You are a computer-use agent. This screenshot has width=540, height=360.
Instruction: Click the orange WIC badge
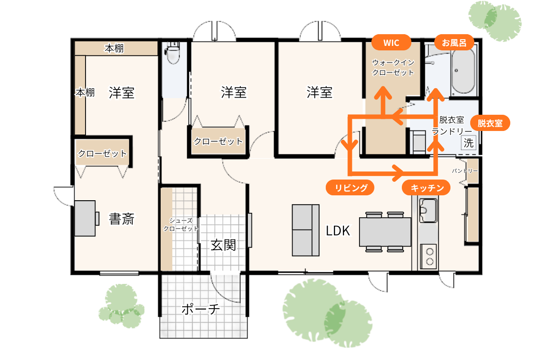click(391, 42)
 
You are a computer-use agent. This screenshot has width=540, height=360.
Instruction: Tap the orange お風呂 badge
click(454, 42)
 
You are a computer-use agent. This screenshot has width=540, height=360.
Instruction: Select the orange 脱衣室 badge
click(490, 123)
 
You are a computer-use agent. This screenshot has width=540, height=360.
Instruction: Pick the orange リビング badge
click(350, 187)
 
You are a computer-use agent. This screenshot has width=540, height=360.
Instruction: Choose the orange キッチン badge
click(426, 187)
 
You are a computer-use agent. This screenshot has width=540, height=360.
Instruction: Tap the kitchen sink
click(428, 210)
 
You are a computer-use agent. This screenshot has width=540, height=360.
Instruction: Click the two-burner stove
click(428, 256)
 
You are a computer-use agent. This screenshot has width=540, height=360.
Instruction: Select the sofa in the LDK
click(306, 230)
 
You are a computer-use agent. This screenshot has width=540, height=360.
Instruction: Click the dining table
click(385, 232)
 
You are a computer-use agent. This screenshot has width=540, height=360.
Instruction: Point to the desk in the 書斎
click(85, 218)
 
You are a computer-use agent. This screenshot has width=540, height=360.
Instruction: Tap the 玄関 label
click(223, 245)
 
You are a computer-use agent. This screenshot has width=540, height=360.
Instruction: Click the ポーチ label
click(201, 309)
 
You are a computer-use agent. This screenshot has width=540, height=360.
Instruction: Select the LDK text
click(338, 230)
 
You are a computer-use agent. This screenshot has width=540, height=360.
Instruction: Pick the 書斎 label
click(121, 219)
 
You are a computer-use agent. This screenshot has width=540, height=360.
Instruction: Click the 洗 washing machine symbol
click(468, 143)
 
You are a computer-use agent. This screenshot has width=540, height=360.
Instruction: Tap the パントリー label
click(465, 171)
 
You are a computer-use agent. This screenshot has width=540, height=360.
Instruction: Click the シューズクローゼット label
click(181, 225)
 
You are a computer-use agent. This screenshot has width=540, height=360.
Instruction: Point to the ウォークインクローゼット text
click(393, 67)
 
